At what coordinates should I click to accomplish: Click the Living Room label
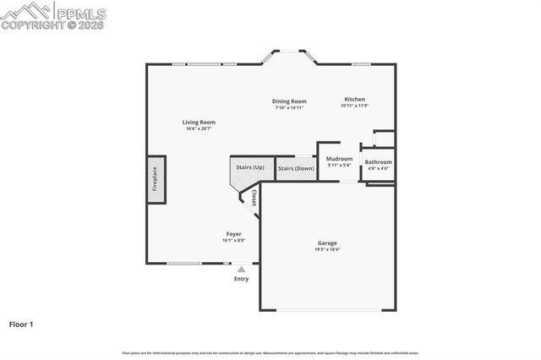(x=199, y=123)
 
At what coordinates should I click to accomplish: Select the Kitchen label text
(x=353, y=100)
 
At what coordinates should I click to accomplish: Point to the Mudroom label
(x=339, y=159)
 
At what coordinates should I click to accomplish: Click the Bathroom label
(x=378, y=161)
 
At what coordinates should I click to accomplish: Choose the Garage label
(x=327, y=243)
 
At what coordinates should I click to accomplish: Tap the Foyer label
(x=233, y=234)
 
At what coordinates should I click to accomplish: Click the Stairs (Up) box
(x=249, y=168)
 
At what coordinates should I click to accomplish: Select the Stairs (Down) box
(x=296, y=168)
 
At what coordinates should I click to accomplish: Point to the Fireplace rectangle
(x=156, y=180)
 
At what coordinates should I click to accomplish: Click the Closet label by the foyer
(x=254, y=198)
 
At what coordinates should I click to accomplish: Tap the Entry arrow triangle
(x=241, y=270)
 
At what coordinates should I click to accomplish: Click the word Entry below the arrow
(x=241, y=279)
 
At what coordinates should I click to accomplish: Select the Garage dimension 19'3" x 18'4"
(x=327, y=249)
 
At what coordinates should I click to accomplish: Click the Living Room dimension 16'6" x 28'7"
(x=199, y=128)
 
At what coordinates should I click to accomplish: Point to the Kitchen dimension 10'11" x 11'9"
(x=353, y=106)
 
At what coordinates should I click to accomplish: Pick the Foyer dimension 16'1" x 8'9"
(x=233, y=240)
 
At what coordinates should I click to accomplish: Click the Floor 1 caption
(x=21, y=324)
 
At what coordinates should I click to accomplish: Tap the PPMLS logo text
(x=79, y=12)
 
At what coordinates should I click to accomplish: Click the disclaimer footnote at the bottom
(x=270, y=352)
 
